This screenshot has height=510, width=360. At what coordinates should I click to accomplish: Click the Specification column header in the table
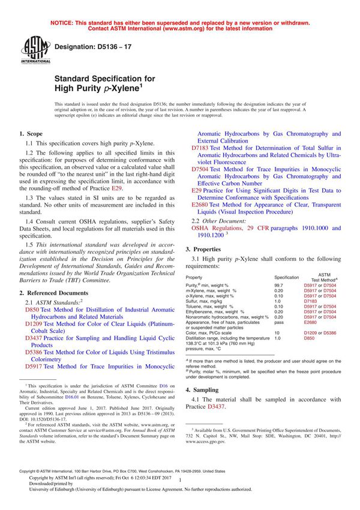click(x=286, y=277)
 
